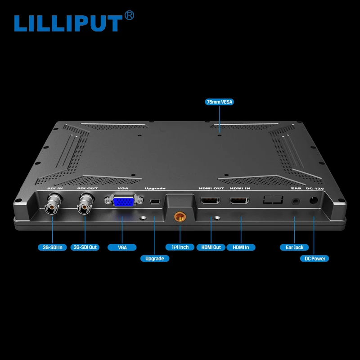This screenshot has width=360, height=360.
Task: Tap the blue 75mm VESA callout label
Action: pyautogui.click(x=220, y=102)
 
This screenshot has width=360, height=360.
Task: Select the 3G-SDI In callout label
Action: pyautogui.click(x=53, y=247)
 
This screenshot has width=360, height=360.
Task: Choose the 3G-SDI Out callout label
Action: pyautogui.click(x=85, y=247)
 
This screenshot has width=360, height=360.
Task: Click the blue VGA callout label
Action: pyautogui.click(x=122, y=247)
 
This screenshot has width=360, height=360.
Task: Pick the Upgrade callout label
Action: pyautogui.click(x=155, y=258)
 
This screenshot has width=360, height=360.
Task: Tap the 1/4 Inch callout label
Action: pyautogui.click(x=180, y=247)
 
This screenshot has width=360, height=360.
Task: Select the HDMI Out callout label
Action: pyautogui.click(x=211, y=247)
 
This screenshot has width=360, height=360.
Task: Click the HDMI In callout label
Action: pyautogui.click(x=241, y=247)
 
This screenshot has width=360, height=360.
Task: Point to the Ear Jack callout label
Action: pyautogui.click(x=295, y=247)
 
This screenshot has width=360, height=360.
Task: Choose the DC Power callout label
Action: pyautogui.click(x=315, y=258)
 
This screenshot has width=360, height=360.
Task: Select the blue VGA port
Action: pyautogui.click(x=122, y=201)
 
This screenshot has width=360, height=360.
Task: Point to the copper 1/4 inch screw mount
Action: pyautogui.click(x=180, y=216)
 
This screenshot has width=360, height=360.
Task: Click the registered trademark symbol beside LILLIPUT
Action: pyautogui.click(x=129, y=16)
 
